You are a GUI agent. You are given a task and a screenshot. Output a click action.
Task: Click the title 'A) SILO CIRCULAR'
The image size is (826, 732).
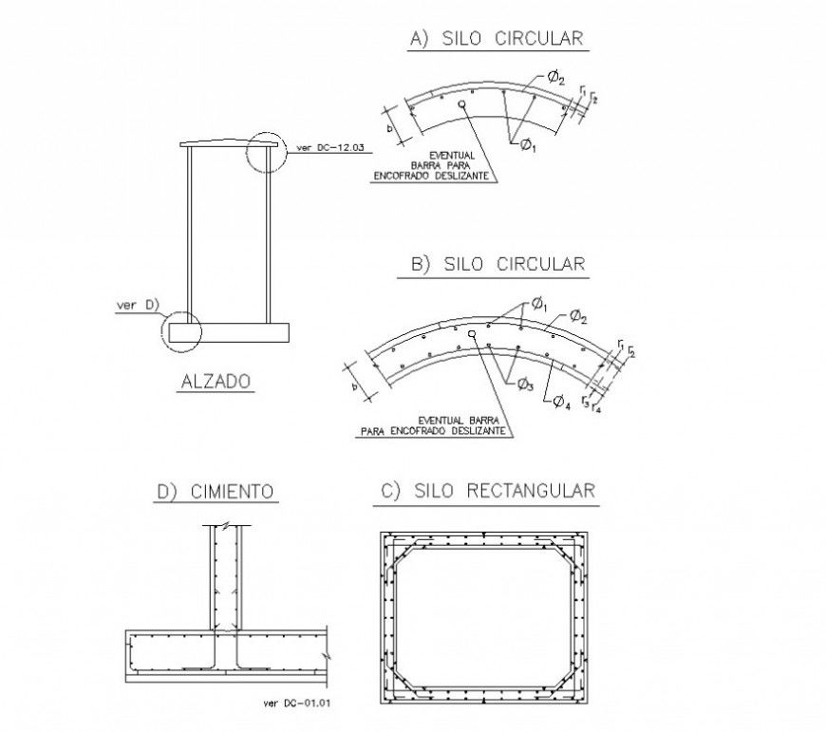[496, 38]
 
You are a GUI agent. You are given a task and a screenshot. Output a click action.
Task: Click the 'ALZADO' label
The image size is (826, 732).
[215, 382]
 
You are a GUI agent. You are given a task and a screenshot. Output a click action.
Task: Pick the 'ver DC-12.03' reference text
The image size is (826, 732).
[330, 147]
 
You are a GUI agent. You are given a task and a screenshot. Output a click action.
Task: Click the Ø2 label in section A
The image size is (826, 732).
[557, 77]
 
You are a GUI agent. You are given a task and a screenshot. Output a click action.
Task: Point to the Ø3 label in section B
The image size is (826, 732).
[525, 383]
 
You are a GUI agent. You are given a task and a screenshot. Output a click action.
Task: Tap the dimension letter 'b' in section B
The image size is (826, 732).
[354, 386]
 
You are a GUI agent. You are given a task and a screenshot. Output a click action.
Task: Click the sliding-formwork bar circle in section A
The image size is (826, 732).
[461, 105]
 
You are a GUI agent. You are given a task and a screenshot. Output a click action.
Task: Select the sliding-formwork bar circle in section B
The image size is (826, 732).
[470, 334]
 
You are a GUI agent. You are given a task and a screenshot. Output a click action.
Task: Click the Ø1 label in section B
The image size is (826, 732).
[538, 304]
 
